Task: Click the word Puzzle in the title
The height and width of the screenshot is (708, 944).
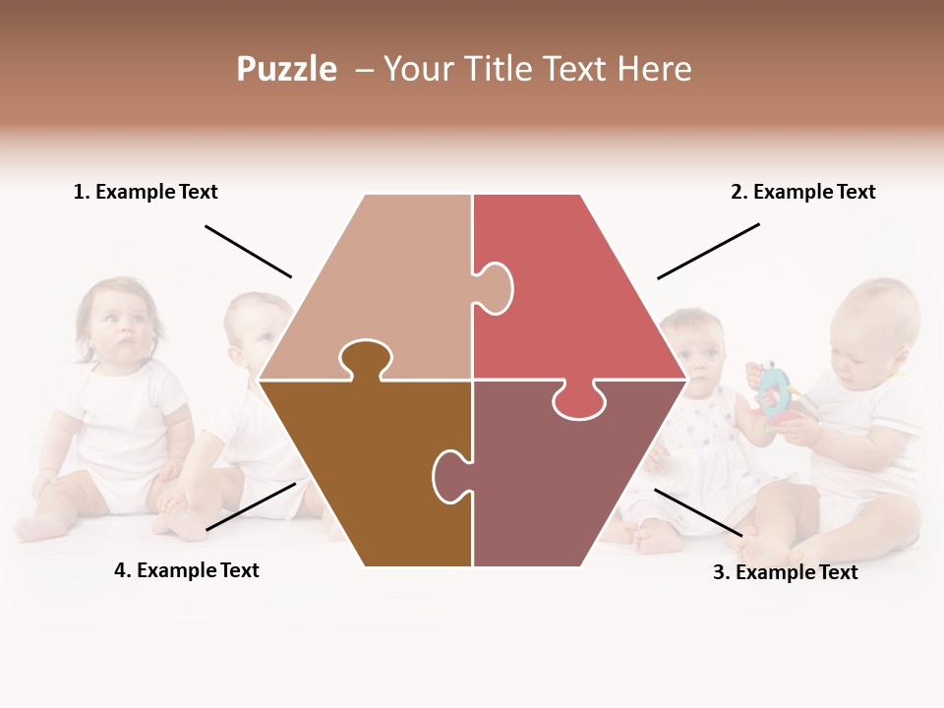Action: (x=286, y=69)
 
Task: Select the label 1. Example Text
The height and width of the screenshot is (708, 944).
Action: (x=146, y=192)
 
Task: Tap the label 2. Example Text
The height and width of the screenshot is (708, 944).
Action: (x=802, y=192)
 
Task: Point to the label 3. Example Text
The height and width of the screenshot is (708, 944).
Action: (x=785, y=572)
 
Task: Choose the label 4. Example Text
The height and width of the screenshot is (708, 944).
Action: (x=187, y=570)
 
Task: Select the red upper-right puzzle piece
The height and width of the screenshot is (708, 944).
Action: (x=570, y=285)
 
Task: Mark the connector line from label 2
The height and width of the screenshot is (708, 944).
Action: (x=708, y=251)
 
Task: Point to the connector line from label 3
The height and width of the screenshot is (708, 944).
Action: (x=698, y=512)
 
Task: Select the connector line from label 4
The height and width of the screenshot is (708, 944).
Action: (x=251, y=506)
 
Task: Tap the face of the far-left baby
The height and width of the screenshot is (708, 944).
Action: (x=118, y=324)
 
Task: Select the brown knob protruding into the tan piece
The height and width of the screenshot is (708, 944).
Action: (x=365, y=359)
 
